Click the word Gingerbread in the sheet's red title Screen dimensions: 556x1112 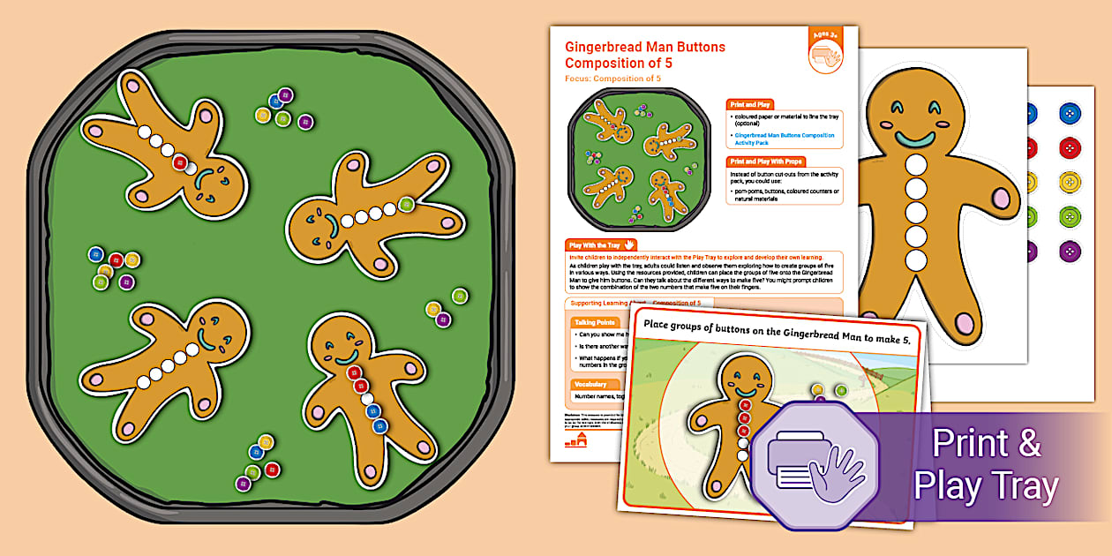pyautogui.click(x=605, y=48)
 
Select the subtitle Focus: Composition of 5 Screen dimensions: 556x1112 pyautogui.click(x=612, y=79)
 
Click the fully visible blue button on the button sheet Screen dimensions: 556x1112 pyautogui.click(x=1069, y=113)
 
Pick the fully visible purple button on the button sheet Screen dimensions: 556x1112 pyautogui.click(x=1069, y=251)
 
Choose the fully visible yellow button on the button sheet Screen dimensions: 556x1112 pyautogui.click(x=1069, y=182)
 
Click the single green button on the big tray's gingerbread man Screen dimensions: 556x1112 pyautogui.click(x=406, y=205)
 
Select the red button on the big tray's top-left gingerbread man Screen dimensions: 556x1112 pyautogui.click(x=179, y=162)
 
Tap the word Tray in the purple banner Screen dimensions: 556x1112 pyautogui.click(x=1025, y=486)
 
